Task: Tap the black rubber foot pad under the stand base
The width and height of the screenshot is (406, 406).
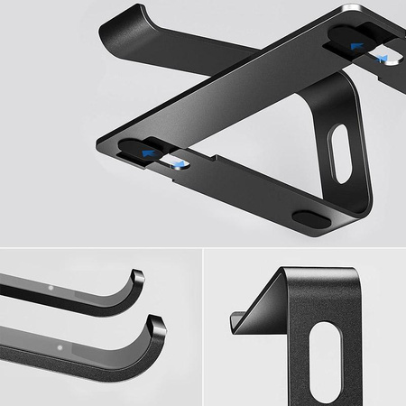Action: (x=312, y=218)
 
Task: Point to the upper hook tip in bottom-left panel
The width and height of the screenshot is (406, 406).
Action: (x=137, y=276)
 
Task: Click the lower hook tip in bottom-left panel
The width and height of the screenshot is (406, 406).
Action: (x=156, y=322)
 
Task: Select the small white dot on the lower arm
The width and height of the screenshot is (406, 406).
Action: (x=60, y=347)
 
